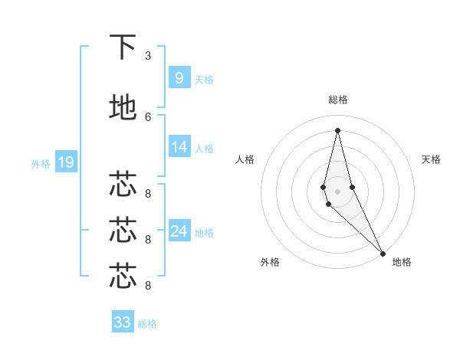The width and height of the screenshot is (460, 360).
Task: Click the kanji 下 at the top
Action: pos(123,47)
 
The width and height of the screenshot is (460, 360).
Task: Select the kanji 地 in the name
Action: pos(123,108)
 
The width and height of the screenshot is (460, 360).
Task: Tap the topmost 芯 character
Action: pos(123,184)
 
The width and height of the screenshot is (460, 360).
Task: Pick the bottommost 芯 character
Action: pos(123,276)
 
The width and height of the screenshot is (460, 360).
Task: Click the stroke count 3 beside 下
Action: pos(148,56)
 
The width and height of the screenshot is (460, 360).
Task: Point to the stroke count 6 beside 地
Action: pos(148,116)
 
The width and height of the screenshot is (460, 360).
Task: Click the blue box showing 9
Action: pos(179,78)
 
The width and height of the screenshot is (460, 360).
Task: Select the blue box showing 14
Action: pos(179,148)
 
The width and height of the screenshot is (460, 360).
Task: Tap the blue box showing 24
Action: pos(179,231)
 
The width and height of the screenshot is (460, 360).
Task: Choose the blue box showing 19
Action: pos(65,162)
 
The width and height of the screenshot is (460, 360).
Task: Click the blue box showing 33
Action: pos(123,322)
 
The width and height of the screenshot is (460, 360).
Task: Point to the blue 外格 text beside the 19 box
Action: pos(41,163)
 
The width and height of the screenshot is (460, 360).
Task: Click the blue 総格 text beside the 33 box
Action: pos(147,324)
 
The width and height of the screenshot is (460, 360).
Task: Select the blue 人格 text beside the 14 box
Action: pos(204,149)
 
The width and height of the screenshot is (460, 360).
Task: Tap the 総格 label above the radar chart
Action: pos(338,100)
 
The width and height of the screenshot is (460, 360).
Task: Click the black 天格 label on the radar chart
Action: pos(431,159)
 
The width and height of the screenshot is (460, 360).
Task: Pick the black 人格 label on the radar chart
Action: pos(245,159)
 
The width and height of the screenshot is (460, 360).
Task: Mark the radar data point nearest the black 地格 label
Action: pos(383,252)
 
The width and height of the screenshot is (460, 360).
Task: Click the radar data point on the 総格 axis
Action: pos(338,130)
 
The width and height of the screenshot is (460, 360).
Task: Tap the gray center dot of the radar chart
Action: pos(338,191)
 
